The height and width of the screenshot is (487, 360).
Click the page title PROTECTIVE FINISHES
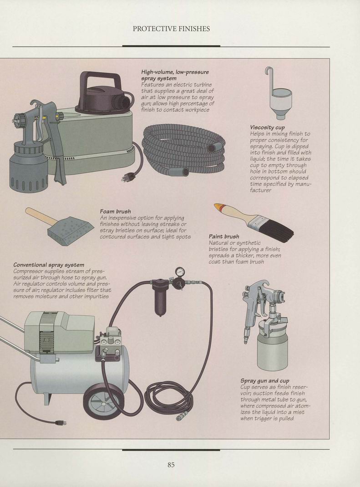[171, 29]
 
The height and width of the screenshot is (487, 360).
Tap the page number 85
[171, 465]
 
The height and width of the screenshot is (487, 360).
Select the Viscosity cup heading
[267, 128]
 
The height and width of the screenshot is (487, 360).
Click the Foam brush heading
[115, 211]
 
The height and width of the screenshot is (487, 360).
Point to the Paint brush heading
[224, 237]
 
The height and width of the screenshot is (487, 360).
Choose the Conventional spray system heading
[49, 265]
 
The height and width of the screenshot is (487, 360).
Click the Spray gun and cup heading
[265, 381]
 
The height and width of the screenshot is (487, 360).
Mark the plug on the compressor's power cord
[60, 422]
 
